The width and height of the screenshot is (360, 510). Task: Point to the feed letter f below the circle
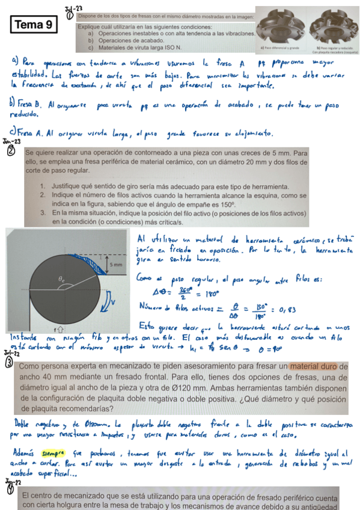pyautogui.click(x=56, y=330)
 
